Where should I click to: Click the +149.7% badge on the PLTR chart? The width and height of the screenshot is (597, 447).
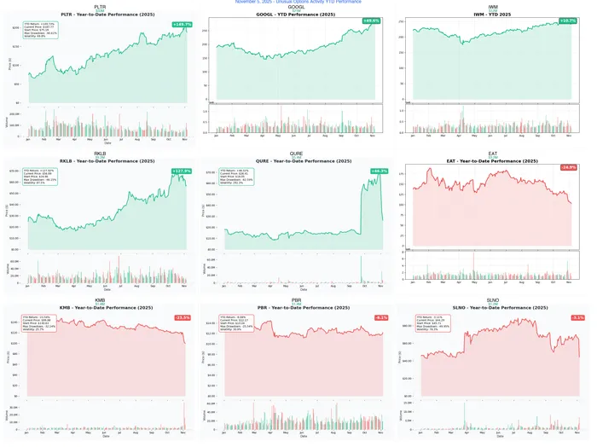pos(181,25)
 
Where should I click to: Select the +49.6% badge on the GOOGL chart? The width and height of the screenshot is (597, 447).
pos(371,20)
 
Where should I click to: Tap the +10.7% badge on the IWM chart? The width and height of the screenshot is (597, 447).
pos(568,20)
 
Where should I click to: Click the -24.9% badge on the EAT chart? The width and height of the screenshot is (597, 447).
pos(568,167)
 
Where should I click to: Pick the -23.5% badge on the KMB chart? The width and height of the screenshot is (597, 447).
pos(182,317)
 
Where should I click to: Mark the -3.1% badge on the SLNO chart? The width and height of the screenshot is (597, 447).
pos(577,317)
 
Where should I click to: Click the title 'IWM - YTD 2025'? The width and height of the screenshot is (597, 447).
pos(493,14)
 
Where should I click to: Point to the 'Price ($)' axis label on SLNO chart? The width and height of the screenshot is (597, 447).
pos(400,355)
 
